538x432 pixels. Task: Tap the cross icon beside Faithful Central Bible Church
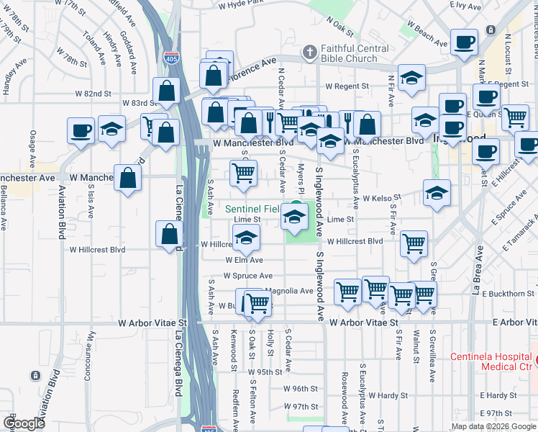[310, 53]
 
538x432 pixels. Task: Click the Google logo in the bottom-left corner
[24, 423]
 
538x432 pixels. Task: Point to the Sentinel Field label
[251, 209]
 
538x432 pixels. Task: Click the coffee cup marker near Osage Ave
[81, 131]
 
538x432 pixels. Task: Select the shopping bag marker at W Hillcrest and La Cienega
[169, 234]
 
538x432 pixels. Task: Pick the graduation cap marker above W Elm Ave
[246, 237]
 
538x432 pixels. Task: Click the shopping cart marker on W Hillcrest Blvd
[414, 245]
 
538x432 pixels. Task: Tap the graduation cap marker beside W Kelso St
[437, 193]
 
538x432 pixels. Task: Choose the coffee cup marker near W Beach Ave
[465, 42]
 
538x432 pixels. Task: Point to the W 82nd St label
[93, 94]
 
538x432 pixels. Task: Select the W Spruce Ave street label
[247, 276]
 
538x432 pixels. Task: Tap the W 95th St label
[265, 372]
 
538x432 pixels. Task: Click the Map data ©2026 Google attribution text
[493, 426]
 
